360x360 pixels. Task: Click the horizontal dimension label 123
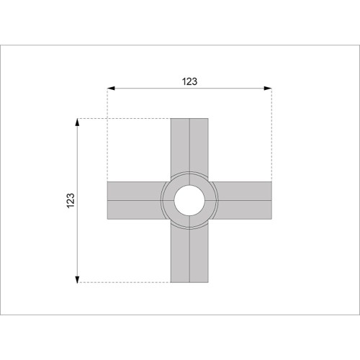coord(189,81)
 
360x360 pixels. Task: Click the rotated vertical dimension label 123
coord(71,200)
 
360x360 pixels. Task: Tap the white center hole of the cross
coord(189,200)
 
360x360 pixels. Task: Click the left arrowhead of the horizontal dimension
coord(111,89)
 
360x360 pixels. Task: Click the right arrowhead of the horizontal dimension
coord(268,89)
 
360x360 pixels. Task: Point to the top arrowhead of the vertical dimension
coord(77,122)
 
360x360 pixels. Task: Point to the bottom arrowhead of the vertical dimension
coord(77,279)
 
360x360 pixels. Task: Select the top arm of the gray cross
coord(189,146)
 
